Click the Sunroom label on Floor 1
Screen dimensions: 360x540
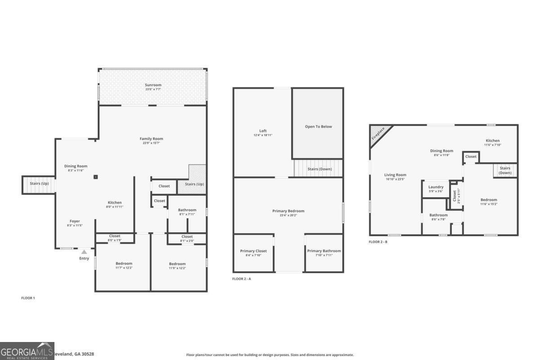[153, 85]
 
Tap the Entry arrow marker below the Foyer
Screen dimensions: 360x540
[84, 252]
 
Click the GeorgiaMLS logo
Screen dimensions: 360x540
[27, 351]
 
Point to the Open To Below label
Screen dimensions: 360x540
[318, 126]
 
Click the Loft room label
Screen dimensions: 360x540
[263, 131]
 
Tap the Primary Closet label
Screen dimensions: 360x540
[253, 251]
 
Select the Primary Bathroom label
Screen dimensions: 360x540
[324, 251]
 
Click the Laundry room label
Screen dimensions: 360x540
[436, 187]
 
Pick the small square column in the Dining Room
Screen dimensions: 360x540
[96, 177]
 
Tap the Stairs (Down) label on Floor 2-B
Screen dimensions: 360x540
[505, 170]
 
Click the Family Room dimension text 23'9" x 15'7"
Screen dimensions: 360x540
[151, 143]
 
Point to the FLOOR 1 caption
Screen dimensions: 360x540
[28, 298]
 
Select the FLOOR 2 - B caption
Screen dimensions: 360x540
[378, 242]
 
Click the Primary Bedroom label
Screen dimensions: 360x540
[288, 211]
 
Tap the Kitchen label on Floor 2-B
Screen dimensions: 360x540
[492, 140]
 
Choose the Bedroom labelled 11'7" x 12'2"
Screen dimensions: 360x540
[124, 265]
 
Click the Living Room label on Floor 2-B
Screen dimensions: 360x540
[395, 175]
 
